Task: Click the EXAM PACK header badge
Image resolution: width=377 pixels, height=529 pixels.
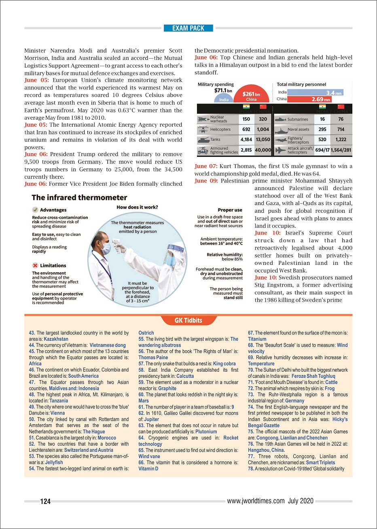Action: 188,28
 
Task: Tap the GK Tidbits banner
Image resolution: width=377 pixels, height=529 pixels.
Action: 188,320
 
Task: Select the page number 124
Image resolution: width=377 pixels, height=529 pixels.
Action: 45,501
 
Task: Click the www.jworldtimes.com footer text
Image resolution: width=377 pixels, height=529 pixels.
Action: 256,501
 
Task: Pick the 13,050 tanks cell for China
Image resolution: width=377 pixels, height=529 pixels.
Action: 263,140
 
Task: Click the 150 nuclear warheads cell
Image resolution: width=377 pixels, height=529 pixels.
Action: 246,119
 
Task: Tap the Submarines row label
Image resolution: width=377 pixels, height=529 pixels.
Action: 298,119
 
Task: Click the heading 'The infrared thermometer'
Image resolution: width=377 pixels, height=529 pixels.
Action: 79,198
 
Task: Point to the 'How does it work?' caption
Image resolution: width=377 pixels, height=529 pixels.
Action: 137,207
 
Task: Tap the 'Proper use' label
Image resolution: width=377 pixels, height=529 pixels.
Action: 230,210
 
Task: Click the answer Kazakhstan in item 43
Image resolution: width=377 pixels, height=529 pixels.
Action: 56,339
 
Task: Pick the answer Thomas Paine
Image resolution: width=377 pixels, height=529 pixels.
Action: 153,358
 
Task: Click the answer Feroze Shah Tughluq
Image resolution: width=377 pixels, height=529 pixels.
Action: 313,376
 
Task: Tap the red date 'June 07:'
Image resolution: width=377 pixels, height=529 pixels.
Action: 206,166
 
